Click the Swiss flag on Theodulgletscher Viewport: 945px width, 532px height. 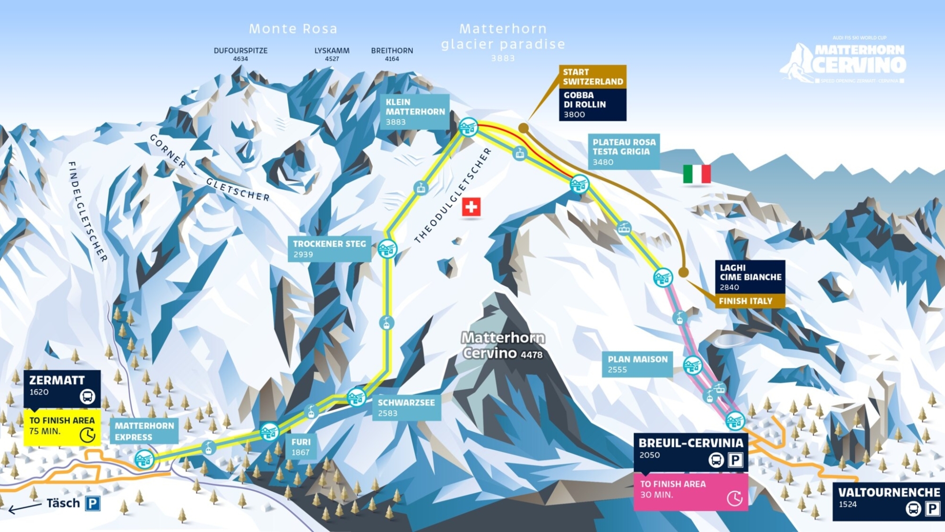point(471,207)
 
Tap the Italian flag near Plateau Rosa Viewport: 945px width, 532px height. point(697,174)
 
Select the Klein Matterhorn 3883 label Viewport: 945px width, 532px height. point(415,112)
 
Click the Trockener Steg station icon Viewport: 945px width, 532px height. point(387,249)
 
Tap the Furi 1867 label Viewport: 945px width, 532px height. point(301,446)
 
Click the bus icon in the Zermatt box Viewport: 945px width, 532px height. point(87,396)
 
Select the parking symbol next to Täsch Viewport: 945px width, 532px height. point(93,503)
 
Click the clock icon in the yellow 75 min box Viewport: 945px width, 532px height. point(87,435)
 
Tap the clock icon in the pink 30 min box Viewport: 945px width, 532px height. point(734,497)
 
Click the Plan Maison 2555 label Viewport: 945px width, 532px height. point(637,364)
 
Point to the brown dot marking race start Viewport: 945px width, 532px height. point(523,128)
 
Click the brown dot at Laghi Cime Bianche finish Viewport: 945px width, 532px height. point(683,272)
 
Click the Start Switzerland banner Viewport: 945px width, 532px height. point(593,77)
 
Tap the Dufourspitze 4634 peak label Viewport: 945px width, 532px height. point(241,54)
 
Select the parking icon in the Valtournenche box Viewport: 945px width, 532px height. point(932,509)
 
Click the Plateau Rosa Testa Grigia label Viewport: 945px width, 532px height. point(624,151)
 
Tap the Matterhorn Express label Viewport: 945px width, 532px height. point(144,431)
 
